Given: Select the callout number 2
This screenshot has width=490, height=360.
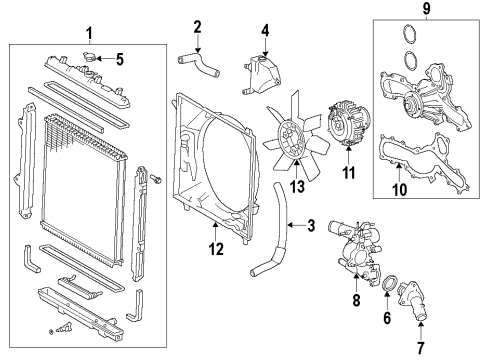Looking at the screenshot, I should coord(198,25).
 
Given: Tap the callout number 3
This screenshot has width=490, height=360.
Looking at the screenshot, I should coord(311,227).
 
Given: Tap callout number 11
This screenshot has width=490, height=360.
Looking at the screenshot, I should coord(348,173).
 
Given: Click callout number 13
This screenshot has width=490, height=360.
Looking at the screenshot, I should coord(296,187).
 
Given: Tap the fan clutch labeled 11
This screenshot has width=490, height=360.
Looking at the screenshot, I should coord(349,131).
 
